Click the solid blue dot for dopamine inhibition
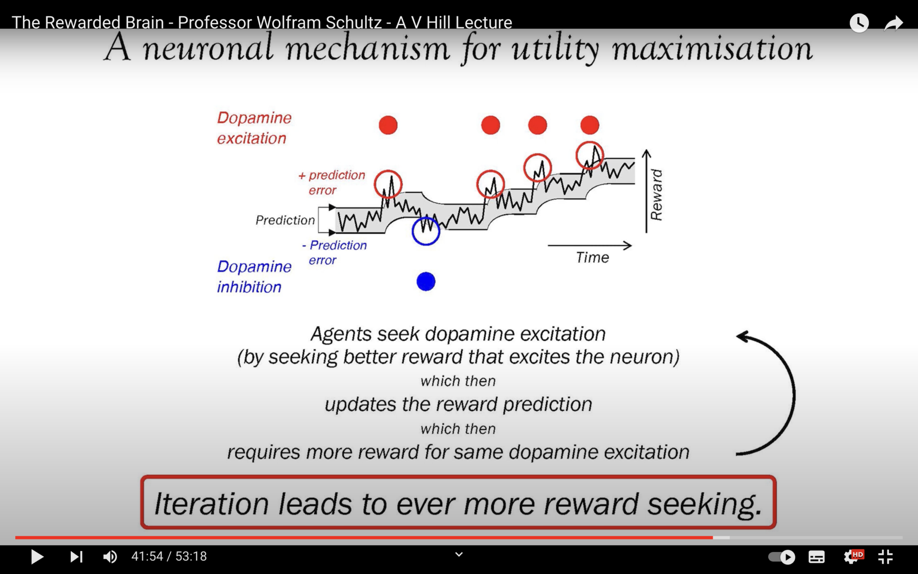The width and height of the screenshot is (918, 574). (x=426, y=282)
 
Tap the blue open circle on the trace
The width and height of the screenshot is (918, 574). (x=426, y=231)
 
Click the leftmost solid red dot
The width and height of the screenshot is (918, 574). (x=388, y=125)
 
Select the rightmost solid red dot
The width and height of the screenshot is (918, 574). (x=589, y=125)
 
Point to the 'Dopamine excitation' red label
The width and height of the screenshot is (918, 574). (x=254, y=128)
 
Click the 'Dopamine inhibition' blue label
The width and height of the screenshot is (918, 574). (x=254, y=277)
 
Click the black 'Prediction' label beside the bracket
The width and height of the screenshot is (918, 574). (x=285, y=220)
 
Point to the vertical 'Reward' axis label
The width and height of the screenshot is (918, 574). (x=656, y=195)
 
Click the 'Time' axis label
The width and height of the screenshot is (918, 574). (x=592, y=258)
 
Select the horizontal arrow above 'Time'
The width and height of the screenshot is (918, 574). (x=589, y=245)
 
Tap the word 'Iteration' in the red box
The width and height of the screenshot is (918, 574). (x=211, y=504)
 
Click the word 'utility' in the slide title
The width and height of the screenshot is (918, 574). (x=555, y=48)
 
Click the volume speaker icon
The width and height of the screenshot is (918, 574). (x=110, y=557)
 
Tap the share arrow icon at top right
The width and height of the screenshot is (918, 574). (x=893, y=23)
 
